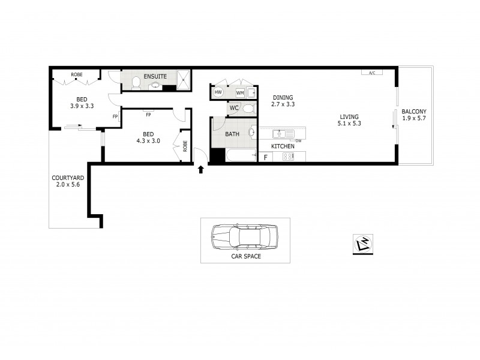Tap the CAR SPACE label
(x=245, y=256)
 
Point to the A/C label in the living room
(x=371, y=73)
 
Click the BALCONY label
(x=414, y=111)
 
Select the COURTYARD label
(x=67, y=178)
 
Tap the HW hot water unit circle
(x=218, y=92)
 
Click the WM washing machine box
(x=240, y=93)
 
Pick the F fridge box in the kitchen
(x=265, y=157)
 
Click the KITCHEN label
(x=283, y=146)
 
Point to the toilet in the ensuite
(x=136, y=82)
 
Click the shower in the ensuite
(x=184, y=79)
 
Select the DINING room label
(x=283, y=97)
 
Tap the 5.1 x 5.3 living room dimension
(x=349, y=124)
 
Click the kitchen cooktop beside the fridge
(x=287, y=157)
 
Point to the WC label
(x=235, y=109)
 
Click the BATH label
(x=233, y=134)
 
